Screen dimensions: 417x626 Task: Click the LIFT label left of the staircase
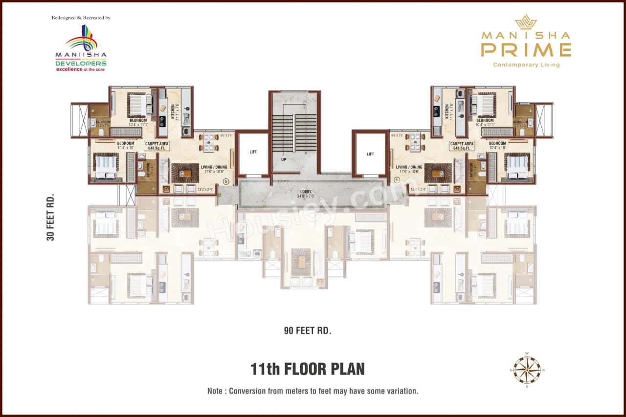pyautogui.click(x=253, y=152)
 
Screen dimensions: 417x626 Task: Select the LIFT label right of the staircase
pyautogui.click(x=370, y=154)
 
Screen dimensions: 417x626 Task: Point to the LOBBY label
pyautogui.click(x=307, y=192)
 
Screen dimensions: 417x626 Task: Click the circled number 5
pyautogui.click(x=225, y=181)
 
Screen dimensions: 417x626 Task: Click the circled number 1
pyautogui.click(x=397, y=180)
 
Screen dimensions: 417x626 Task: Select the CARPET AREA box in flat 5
pyautogui.click(x=157, y=146)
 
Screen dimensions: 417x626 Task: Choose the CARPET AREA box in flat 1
pyautogui.click(x=462, y=146)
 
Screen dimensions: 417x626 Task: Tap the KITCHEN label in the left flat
pyautogui.click(x=173, y=111)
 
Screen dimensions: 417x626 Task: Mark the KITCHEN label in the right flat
pyautogui.click(x=447, y=111)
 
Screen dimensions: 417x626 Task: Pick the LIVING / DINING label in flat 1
pyautogui.click(x=409, y=169)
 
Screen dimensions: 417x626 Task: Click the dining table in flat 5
pyautogui.click(x=209, y=142)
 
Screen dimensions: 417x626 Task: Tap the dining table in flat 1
pyautogui.click(x=415, y=142)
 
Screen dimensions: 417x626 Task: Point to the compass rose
pyautogui.click(x=527, y=370)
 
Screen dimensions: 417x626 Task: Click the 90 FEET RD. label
pyautogui.click(x=308, y=330)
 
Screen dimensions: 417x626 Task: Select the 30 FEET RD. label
pyautogui.click(x=50, y=217)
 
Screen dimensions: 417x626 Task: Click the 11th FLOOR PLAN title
pyautogui.click(x=308, y=369)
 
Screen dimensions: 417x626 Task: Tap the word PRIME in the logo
pyautogui.click(x=526, y=50)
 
